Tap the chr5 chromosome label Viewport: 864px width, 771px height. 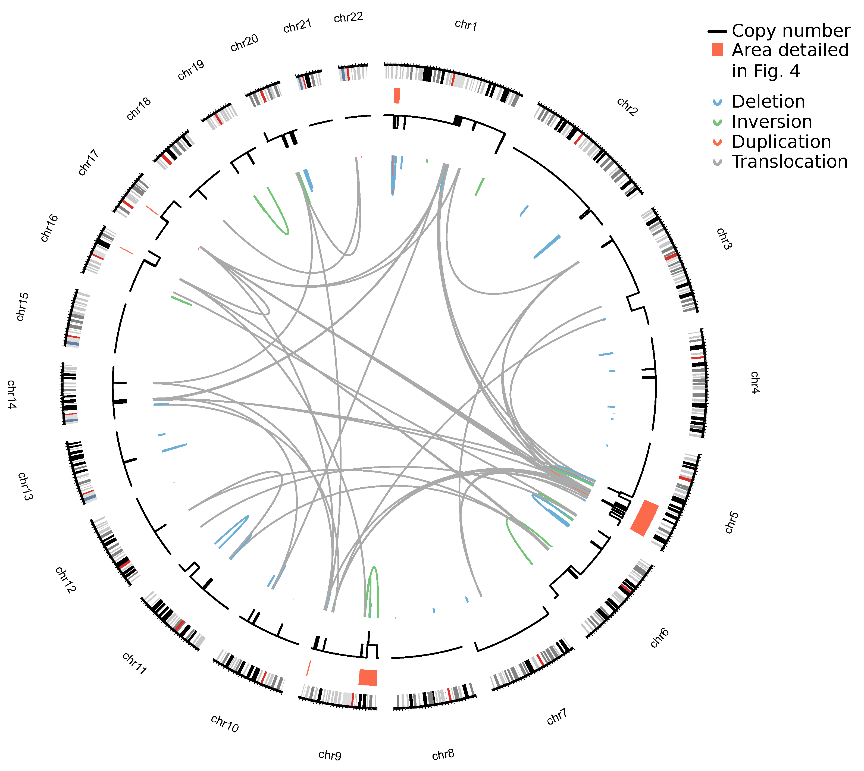[731, 522]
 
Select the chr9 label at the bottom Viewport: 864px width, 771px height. [329, 755]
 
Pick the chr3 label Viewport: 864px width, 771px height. [724, 239]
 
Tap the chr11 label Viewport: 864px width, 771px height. [134, 663]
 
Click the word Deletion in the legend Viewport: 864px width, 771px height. [768, 102]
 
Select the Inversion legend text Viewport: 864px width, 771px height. [772, 122]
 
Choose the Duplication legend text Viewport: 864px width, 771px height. [781, 142]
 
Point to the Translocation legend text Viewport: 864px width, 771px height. [790, 161]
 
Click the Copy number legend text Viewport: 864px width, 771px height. [791, 30]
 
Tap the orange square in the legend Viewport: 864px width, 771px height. [717, 49]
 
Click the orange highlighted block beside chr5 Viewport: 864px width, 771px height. [644, 518]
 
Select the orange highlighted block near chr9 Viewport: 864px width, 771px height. [367, 677]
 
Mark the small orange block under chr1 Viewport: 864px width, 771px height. [397, 95]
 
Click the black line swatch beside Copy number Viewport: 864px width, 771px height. [717, 31]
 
